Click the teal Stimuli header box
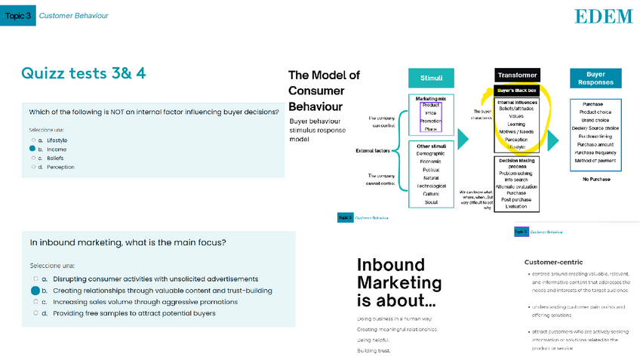click(431, 78)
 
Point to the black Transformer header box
click(517, 75)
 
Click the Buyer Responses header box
click(595, 78)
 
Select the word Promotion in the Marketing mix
click(431, 121)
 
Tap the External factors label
click(373, 151)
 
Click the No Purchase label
click(595, 179)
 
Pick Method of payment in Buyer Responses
click(595, 160)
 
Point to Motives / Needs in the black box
click(517, 131)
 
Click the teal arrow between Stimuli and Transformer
click(463, 138)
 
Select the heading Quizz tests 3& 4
click(84, 73)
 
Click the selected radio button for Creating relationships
click(35, 291)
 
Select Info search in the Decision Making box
click(517, 180)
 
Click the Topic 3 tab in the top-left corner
click(17, 15)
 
